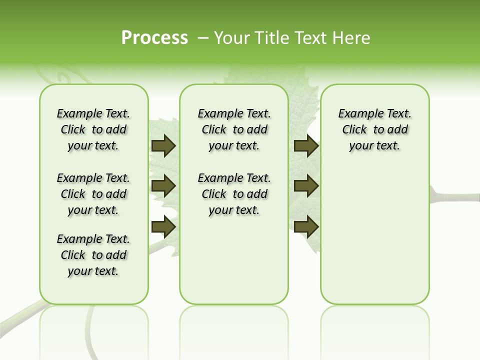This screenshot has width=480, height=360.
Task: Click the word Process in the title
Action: pyautogui.click(x=154, y=38)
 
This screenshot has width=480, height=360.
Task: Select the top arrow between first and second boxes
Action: pyautogui.click(x=163, y=146)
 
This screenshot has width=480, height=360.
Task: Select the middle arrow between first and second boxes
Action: pyautogui.click(x=163, y=186)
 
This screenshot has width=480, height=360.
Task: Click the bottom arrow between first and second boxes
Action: pyautogui.click(x=163, y=227)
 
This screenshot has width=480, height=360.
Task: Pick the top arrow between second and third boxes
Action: pyautogui.click(x=306, y=146)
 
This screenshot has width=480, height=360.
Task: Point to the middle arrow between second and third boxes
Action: pyautogui.click(x=306, y=186)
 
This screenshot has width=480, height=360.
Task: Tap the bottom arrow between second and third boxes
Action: pyautogui.click(x=306, y=227)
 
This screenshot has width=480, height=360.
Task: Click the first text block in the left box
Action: pyautogui.click(x=93, y=129)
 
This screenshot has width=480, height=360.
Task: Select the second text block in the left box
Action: pyautogui.click(x=93, y=194)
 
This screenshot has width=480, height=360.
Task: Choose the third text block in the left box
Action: pyautogui.click(x=93, y=255)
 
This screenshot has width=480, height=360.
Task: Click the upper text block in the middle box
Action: pyautogui.click(x=234, y=129)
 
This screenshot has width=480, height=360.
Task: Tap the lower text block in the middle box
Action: pyautogui.click(x=234, y=194)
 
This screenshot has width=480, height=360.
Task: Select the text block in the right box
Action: pyautogui.click(x=374, y=129)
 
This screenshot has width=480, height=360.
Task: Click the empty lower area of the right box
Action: pyautogui.click(x=374, y=240)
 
